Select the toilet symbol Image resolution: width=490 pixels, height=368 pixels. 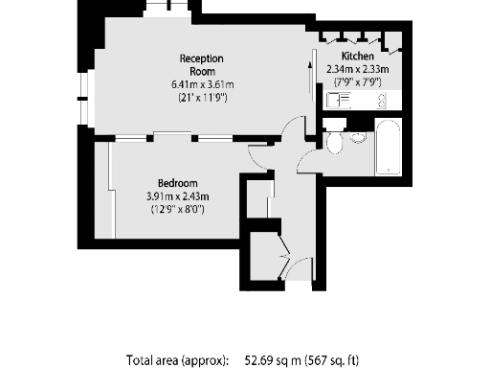[x=334, y=143]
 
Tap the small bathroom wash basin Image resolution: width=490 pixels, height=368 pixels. [x=358, y=138]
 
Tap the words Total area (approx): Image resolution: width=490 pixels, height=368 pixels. [x=178, y=360]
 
